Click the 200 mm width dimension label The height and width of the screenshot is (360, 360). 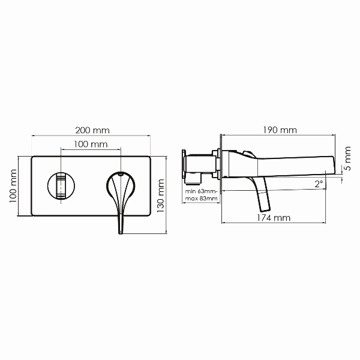coord(92,130)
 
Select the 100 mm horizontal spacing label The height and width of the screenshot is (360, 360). coord(91,144)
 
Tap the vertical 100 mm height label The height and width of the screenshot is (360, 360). coord(13,186)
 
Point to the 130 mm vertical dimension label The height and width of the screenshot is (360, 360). coord(160,196)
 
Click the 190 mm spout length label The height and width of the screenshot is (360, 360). coord(280,130)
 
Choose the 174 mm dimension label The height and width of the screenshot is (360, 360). coord(273,218)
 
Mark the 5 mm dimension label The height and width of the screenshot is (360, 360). coord(348,158)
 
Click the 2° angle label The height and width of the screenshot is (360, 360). coord(319,184)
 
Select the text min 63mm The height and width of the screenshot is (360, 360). coord(200,191)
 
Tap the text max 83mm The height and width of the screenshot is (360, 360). coord(201,199)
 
